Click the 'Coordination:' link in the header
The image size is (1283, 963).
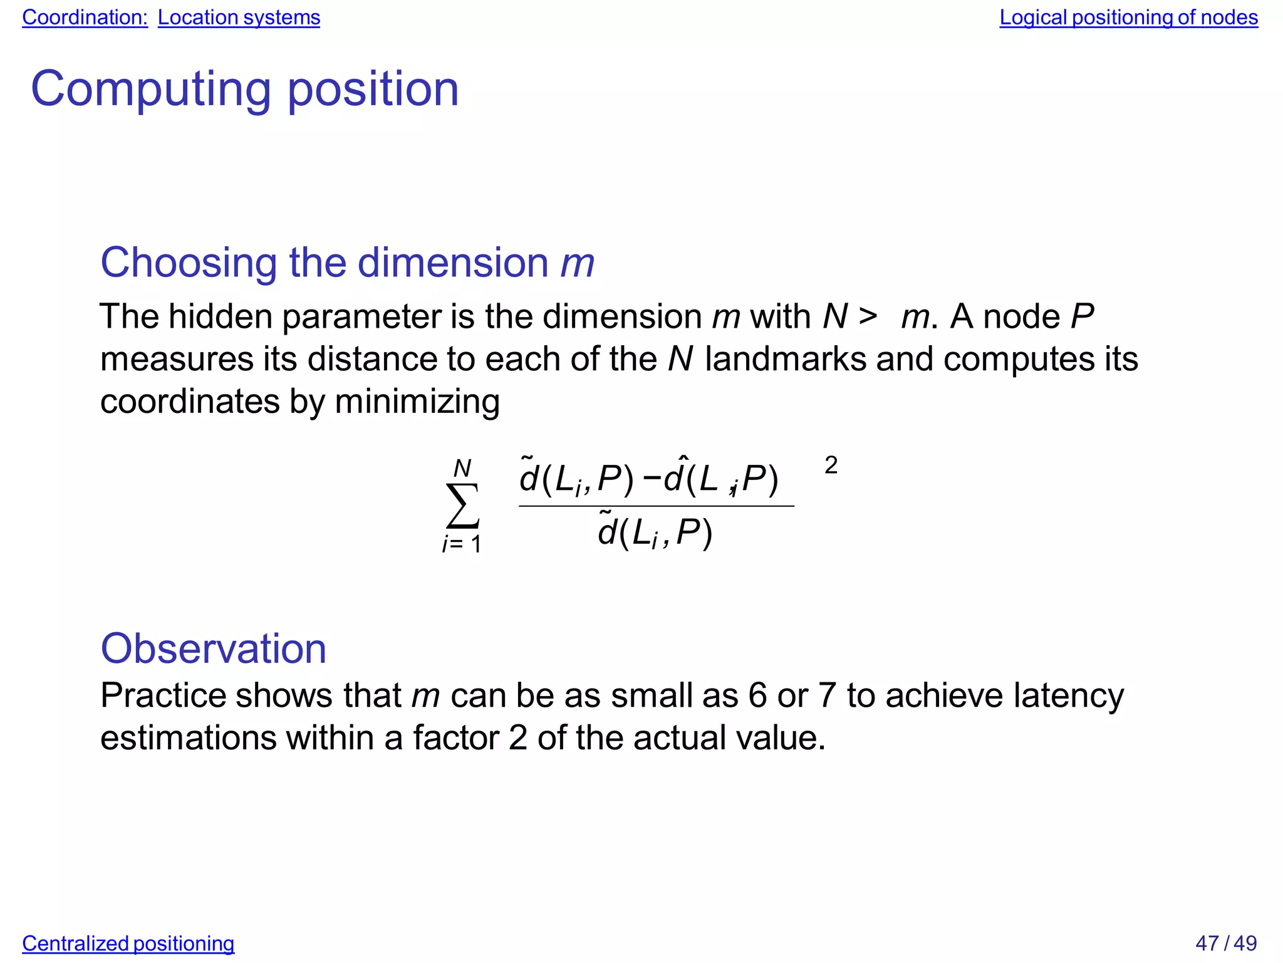pyautogui.click(x=85, y=18)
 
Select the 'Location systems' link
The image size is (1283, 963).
pyautogui.click(x=239, y=18)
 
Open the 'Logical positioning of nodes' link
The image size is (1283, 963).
pyautogui.click(x=1128, y=18)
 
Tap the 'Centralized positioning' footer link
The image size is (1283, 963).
pyautogui.click(x=128, y=943)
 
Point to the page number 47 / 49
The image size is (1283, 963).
pyautogui.click(x=1225, y=943)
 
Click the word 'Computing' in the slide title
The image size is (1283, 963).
pyautogui.click(x=150, y=90)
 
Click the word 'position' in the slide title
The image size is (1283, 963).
pyautogui.click(x=373, y=90)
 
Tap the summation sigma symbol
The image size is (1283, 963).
pyautogui.click(x=462, y=506)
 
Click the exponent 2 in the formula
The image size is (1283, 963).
pyautogui.click(x=831, y=466)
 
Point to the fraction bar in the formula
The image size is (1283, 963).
pyautogui.click(x=656, y=506)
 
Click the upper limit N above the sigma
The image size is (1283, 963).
pyautogui.click(x=462, y=468)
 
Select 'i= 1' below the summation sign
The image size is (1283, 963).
pyautogui.click(x=462, y=544)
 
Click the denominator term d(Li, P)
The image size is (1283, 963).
pyautogui.click(x=655, y=533)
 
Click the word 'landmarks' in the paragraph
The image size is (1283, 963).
pyautogui.click(x=786, y=359)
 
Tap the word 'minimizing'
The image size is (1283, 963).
pyautogui.click(x=417, y=402)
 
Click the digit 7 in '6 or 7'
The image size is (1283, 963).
pyautogui.click(x=828, y=695)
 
